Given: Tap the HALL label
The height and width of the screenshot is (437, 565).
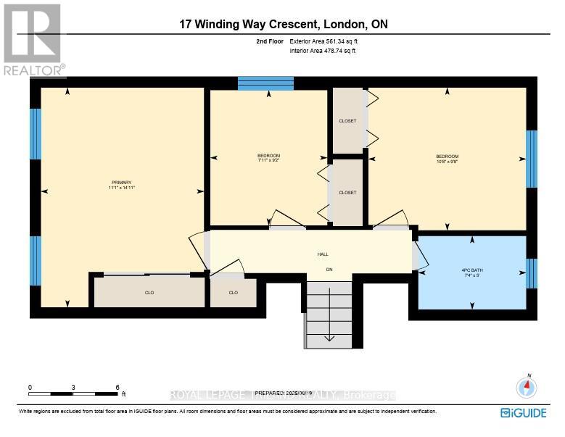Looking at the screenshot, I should point(323,254).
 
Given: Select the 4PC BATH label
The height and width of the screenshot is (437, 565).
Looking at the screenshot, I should point(471,272).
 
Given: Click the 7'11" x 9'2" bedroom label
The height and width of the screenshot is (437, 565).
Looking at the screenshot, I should point(268,157).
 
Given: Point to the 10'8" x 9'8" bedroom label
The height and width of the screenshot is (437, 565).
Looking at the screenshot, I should point(447,157).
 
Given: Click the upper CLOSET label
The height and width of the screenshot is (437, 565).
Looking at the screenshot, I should point(347,121).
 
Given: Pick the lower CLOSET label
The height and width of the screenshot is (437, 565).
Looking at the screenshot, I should point(347,193).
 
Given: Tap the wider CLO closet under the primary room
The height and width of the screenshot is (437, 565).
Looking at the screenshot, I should point(149,293).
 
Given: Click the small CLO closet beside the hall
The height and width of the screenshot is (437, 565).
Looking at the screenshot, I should point(233,293).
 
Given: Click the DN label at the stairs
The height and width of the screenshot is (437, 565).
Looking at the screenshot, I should point(329,270).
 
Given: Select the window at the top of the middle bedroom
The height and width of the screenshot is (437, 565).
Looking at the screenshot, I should point(265,83).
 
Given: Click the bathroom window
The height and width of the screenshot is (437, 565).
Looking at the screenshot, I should point(532,273).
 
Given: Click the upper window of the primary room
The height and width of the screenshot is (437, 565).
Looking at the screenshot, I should point(36,134).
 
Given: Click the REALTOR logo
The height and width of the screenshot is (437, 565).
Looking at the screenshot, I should point(33,41).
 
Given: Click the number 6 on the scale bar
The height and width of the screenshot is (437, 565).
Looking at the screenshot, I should point(117,388).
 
